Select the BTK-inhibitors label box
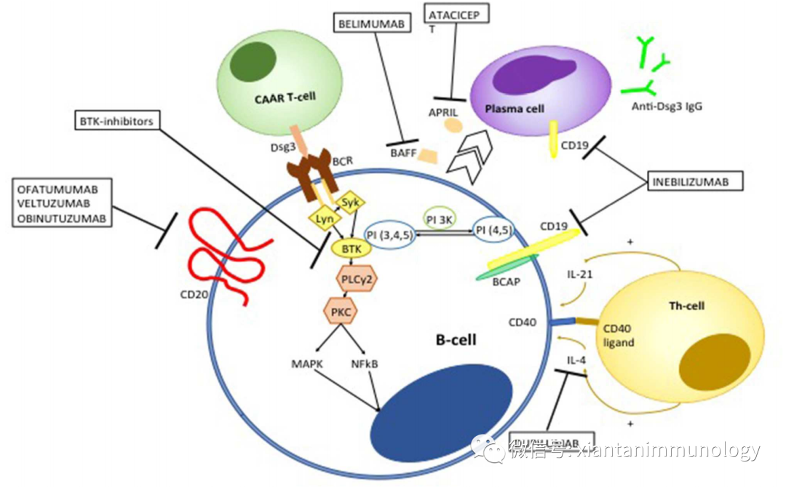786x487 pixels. pos(116,122)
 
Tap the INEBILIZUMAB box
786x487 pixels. pos(695,181)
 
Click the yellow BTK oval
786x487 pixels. pos(352,248)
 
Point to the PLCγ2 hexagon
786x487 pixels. pos(357,277)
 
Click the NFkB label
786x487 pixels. pos(364,363)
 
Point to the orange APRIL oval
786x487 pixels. pos(453,126)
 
